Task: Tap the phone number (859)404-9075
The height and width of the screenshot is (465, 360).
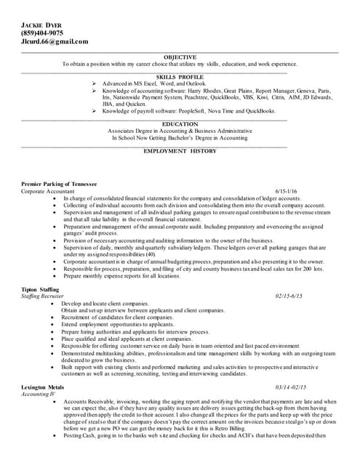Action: tap(41, 33)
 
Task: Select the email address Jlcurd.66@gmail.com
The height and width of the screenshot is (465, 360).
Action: tap(55, 42)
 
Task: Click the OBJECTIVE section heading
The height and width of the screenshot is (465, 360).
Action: tap(180, 57)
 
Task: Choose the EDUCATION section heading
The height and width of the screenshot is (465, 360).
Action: tap(180, 124)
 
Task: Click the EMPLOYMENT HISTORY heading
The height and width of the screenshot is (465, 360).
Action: tap(180, 151)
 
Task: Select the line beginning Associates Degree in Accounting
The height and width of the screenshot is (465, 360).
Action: tap(180, 132)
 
